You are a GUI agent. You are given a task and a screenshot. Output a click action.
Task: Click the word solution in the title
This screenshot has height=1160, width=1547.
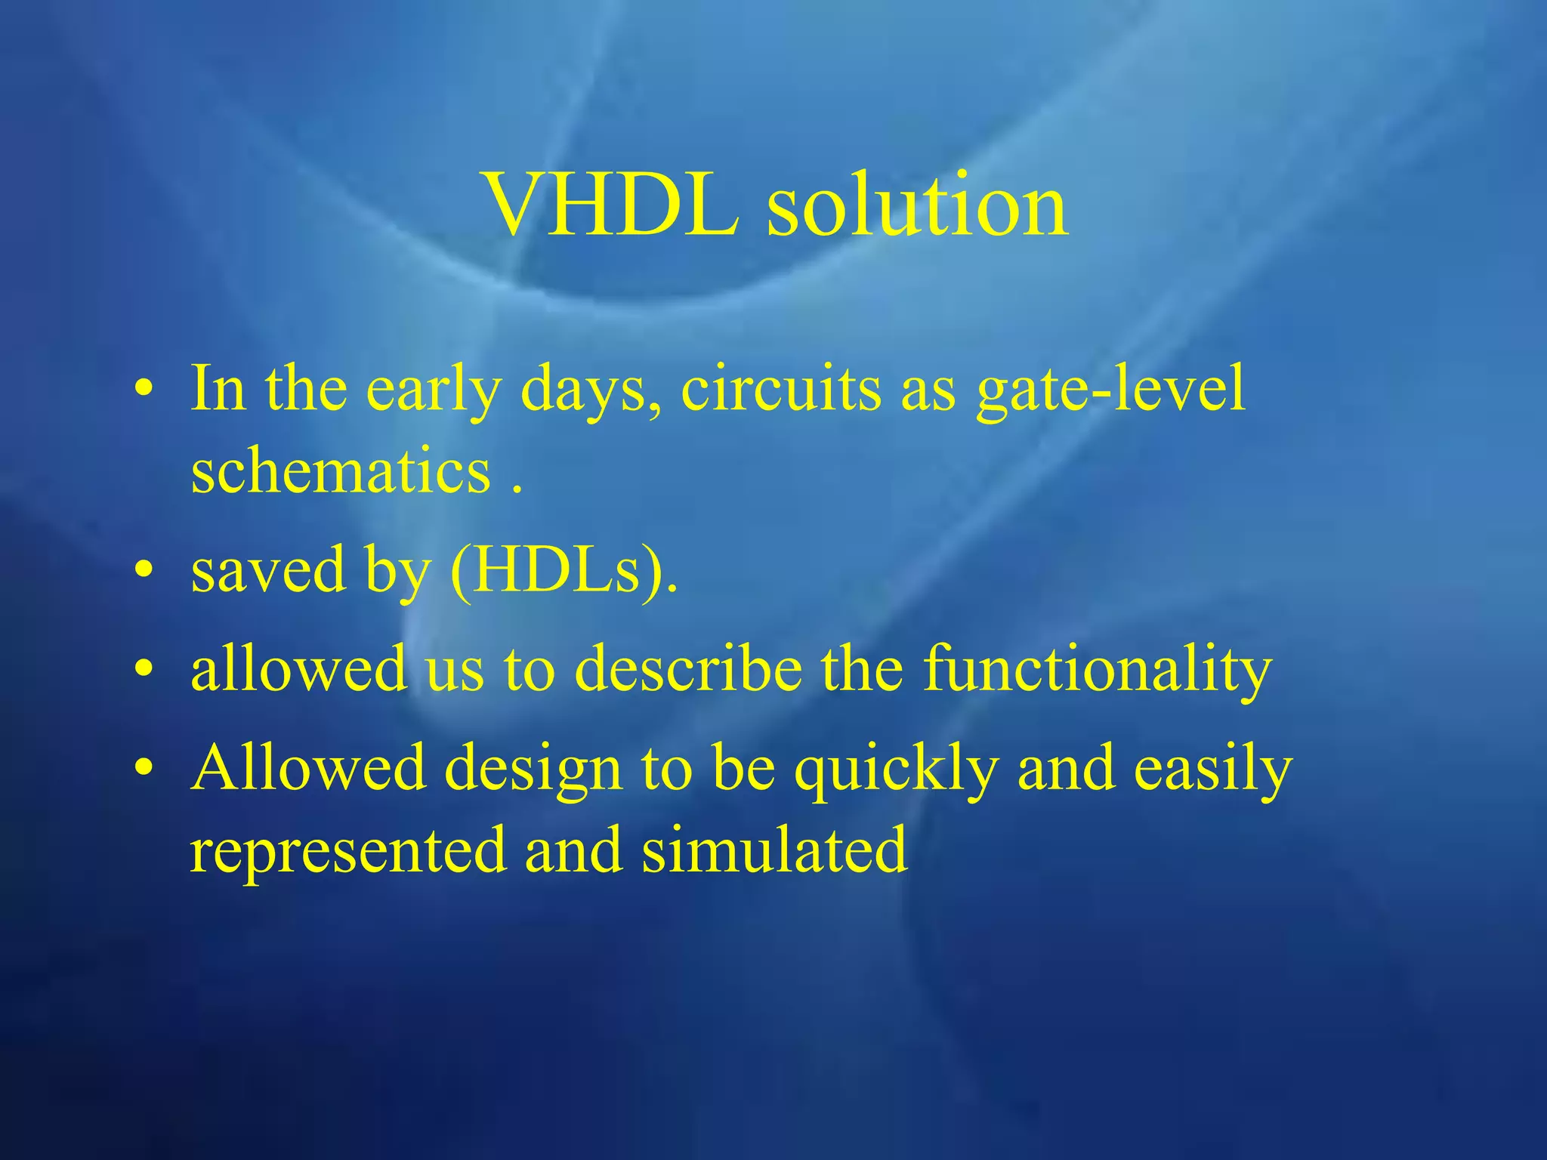[917, 205]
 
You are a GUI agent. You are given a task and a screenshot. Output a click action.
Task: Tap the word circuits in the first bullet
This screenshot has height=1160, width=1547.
[780, 389]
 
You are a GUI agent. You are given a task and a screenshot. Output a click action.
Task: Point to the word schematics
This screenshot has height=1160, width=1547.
[341, 470]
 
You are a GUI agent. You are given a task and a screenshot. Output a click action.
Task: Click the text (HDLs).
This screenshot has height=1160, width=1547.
[564, 570]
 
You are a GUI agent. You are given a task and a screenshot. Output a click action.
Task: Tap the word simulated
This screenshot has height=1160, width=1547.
[774, 850]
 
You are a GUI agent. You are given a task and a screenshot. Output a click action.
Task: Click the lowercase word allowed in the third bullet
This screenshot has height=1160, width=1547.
[298, 668]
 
